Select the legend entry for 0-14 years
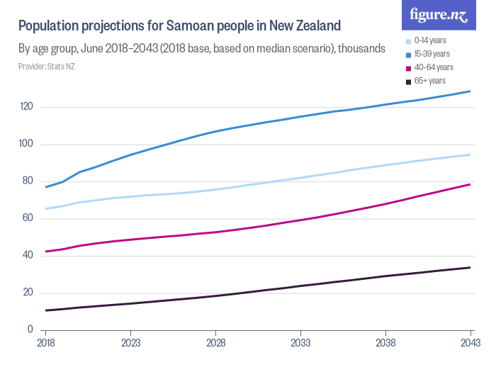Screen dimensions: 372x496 point(429,40)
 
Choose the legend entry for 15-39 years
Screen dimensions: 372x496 point(431,54)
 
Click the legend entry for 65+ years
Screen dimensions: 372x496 point(429,81)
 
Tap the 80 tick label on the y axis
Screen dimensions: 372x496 point(28,181)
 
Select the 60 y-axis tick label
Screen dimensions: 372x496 point(28,218)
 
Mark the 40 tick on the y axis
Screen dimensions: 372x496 point(28,255)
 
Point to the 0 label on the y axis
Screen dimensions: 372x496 point(30,329)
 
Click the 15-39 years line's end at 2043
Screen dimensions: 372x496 point(470,91)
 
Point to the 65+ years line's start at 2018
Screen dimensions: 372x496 point(46,310)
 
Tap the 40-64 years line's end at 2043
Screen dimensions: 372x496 point(470,184)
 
